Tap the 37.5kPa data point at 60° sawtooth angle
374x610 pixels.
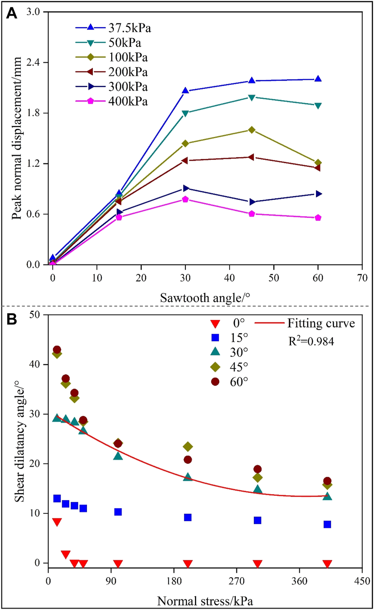pos(318,79)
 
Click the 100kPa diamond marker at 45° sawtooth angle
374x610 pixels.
pos(251,130)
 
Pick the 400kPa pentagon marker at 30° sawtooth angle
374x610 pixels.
pos(185,199)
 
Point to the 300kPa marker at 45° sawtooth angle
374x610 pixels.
pos(251,202)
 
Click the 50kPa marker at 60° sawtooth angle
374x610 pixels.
pos(318,105)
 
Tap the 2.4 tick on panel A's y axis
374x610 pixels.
pos(33,62)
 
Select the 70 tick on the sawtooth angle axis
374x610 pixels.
pos(362,278)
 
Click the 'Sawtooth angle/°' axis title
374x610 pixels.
pos(205,298)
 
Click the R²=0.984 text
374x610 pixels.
pos(311,341)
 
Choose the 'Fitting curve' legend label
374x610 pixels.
pos(321,323)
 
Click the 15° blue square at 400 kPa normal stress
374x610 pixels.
pos(327,524)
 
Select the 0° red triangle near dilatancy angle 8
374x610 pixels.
pos(57,522)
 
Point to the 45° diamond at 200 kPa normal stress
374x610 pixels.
pos(188,446)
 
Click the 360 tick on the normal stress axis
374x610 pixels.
pos(299,581)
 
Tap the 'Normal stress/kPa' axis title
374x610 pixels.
pos(205,601)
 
